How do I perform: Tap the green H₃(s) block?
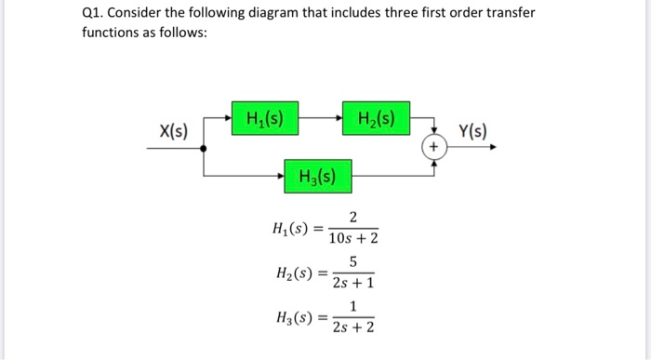point(318,175)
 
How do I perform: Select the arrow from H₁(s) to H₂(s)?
point(315,119)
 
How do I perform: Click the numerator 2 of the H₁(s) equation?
point(352,219)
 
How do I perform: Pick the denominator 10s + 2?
point(352,239)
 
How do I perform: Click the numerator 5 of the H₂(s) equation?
point(352,263)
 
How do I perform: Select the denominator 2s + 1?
point(352,283)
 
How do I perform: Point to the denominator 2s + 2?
point(352,327)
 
